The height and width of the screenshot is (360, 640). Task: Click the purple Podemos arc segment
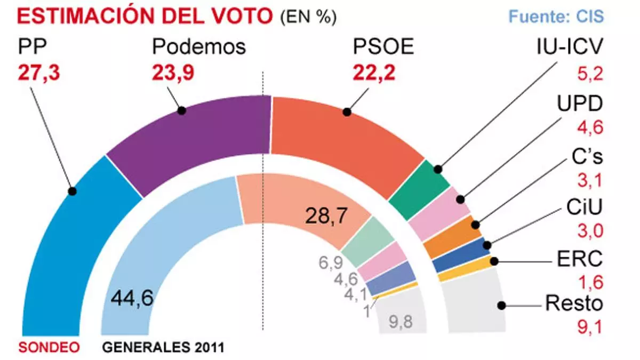(x=192, y=139)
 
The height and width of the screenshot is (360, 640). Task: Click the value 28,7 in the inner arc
(x=326, y=215)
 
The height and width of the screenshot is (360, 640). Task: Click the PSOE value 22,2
(x=374, y=73)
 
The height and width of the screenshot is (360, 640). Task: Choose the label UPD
(x=581, y=105)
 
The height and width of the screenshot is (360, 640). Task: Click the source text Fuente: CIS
(x=556, y=16)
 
